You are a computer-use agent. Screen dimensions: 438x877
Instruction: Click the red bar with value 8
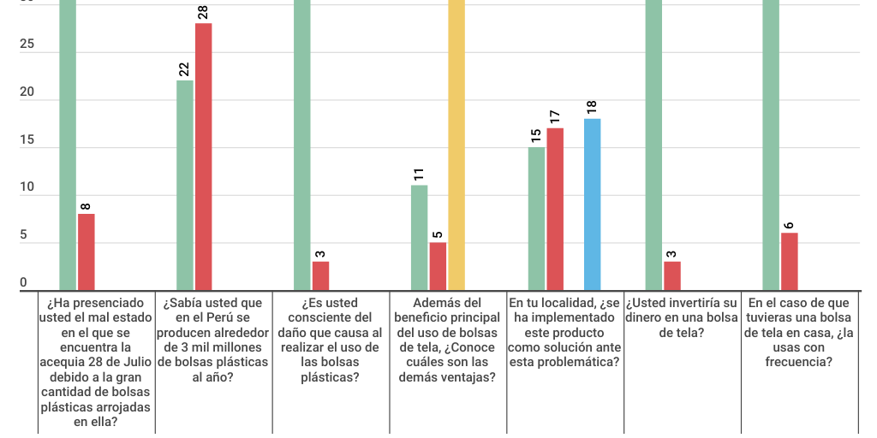point(87,252)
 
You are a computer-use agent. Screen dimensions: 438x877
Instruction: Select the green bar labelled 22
point(185,186)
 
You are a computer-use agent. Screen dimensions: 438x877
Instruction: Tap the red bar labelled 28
point(204,157)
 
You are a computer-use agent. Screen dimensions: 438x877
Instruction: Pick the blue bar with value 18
point(592,205)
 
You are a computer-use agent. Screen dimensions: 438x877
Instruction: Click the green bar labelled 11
point(419,238)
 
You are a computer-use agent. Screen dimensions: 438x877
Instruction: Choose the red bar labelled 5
point(438,267)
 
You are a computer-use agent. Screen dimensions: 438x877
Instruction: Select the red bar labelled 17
point(555,210)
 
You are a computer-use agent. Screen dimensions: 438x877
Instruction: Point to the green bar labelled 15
point(536,219)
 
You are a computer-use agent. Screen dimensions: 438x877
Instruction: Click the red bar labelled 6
point(789,262)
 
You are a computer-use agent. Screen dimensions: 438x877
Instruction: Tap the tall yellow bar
point(456,145)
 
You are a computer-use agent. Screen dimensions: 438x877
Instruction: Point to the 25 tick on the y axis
point(27,44)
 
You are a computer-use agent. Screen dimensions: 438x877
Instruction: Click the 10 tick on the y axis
point(27,187)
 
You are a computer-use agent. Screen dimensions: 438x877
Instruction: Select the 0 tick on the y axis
point(23,282)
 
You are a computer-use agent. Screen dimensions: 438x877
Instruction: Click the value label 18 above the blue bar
point(592,108)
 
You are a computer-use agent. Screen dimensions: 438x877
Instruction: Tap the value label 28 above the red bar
point(203,12)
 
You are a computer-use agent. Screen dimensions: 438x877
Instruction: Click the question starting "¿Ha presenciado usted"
point(96,362)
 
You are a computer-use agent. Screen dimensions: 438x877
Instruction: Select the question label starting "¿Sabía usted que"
point(213,340)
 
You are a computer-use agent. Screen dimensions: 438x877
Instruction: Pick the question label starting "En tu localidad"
point(564,332)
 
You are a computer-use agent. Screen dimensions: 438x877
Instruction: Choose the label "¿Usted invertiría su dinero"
point(682,317)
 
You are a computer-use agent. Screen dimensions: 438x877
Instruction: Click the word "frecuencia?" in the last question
point(798,362)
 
